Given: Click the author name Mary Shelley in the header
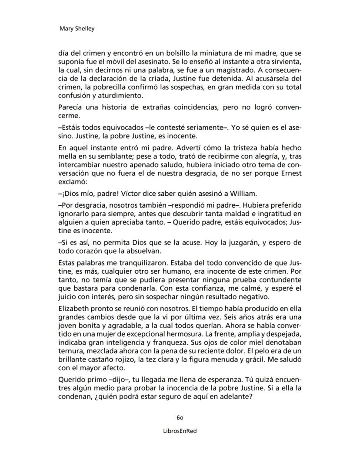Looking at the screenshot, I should [77, 29].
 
